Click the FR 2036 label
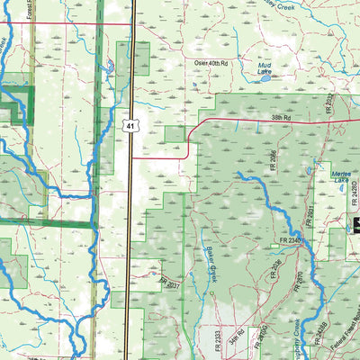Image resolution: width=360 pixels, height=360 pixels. [x=277, y=268]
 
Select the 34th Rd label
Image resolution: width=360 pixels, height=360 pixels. [x=236, y=339]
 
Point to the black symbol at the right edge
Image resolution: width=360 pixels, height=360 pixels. [x=355, y=225]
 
